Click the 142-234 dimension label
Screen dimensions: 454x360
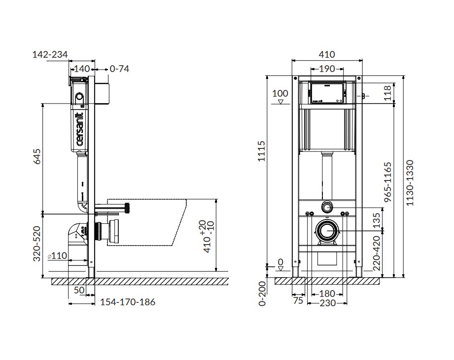pos(50,54)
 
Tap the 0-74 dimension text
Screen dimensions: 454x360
pos(119,69)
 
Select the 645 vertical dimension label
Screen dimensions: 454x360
pos(37,156)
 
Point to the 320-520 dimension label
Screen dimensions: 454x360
pos(37,244)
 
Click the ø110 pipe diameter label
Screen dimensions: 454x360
pos(57,256)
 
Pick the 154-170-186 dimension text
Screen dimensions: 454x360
pos(128,302)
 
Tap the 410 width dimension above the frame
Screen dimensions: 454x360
pos(327,54)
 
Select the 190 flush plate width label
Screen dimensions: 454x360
pos(327,69)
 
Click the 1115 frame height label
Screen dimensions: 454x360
pos(261,151)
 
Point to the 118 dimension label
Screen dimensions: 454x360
pos(387,93)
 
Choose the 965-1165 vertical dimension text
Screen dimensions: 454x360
pos(387,182)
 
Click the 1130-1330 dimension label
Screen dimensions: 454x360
pos(410,183)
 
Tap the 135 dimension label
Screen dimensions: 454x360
pos(377,221)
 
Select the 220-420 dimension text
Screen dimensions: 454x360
pos(377,253)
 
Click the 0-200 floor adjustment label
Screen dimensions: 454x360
pos(262,294)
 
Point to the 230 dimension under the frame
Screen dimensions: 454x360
pos(327,303)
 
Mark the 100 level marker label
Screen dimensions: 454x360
pos(280,94)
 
